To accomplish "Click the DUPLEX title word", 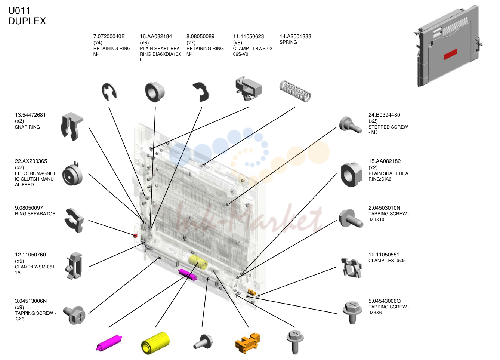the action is pyautogui.click(x=27, y=21).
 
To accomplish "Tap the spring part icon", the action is pyautogui.click(x=295, y=91).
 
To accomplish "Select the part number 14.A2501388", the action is pyautogui.click(x=295, y=36).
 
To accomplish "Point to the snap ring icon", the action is pyautogui.click(x=71, y=126).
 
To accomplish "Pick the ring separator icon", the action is pyautogui.click(x=74, y=221).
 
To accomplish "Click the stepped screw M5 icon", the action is pyautogui.click(x=351, y=124).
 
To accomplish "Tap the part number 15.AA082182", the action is pyautogui.click(x=385, y=161).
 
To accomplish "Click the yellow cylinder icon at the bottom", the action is pyautogui.click(x=155, y=343).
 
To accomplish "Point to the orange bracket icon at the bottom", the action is pyautogui.click(x=248, y=343).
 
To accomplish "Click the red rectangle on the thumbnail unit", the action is pyautogui.click(x=450, y=54).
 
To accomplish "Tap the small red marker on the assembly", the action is pyautogui.click(x=135, y=236).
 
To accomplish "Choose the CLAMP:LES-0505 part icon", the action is pyautogui.click(x=352, y=268).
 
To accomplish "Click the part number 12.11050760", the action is pyautogui.click(x=30, y=255).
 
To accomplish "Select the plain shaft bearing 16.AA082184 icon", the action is pyautogui.click(x=155, y=92).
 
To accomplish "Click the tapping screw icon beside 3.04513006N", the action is pyautogui.click(x=74, y=315).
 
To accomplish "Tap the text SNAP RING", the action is pyautogui.click(x=27, y=127).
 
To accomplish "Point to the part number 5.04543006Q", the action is pyautogui.click(x=385, y=301).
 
